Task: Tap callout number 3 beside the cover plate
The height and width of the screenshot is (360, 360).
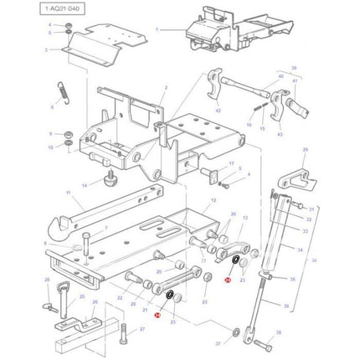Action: coord(48,50)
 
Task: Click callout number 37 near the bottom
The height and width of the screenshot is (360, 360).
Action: coord(218,343)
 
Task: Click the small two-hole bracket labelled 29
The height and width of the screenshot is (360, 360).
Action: coord(293,179)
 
